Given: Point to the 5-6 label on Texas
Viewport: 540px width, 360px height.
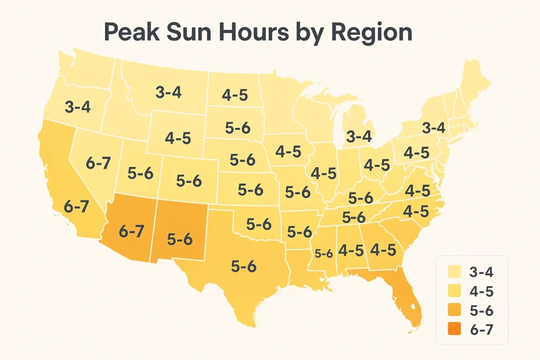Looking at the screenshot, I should point(243,266).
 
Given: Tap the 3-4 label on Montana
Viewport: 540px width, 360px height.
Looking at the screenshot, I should point(169,92).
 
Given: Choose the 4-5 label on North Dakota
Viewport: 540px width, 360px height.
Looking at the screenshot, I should point(235,95).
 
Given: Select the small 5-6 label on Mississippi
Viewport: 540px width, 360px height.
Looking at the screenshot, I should point(323,254).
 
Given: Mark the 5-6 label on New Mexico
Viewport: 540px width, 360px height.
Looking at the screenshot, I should point(179,238).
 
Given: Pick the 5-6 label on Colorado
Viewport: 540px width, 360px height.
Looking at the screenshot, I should point(189,181).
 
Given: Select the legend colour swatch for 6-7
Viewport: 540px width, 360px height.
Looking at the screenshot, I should point(452,330).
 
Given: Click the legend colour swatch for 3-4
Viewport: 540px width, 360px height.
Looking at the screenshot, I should point(452,271).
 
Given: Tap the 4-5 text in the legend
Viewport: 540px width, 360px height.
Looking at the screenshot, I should point(481,291).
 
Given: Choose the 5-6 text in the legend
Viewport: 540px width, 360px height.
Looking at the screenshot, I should point(481,310).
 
